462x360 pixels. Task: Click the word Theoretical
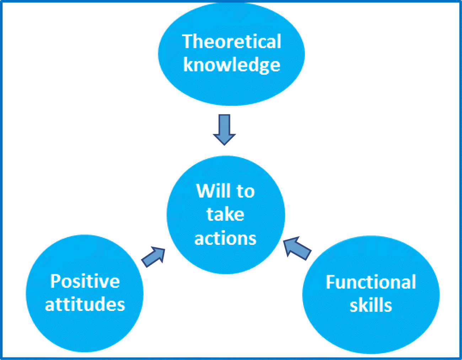231,42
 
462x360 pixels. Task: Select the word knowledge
231,65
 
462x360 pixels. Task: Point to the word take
225,214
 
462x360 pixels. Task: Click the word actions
225,238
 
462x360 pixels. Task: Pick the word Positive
85,281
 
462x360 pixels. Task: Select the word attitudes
85,304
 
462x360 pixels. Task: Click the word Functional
371,282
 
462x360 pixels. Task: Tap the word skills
371,305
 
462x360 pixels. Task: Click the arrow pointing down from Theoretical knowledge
224,130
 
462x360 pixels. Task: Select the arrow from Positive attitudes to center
153,257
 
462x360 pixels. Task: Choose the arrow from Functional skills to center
297,248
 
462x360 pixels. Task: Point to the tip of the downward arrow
224,145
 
